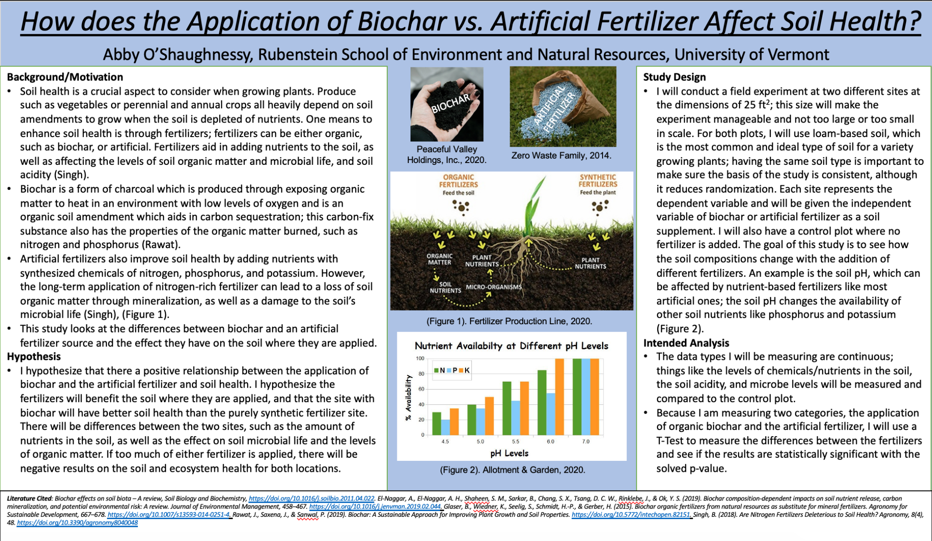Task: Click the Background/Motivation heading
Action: (65, 77)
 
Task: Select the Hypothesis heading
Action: (34, 357)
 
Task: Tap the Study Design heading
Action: (674, 77)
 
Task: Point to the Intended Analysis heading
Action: (686, 343)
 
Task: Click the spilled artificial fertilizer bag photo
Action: (563, 107)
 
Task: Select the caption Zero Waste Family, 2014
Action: (561, 155)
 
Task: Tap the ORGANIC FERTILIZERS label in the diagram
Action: (458, 181)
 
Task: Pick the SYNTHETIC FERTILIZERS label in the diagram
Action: (598, 180)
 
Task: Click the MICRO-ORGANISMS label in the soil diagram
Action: (494, 287)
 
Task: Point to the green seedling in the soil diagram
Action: (532, 205)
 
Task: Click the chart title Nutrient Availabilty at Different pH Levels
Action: (512, 346)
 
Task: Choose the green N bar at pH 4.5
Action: (436, 424)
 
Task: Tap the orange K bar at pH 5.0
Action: (489, 416)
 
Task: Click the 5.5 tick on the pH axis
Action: (515, 442)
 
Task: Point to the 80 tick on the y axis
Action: (421, 374)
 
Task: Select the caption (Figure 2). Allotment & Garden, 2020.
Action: (512, 470)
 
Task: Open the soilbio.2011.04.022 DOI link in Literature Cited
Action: (312, 499)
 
